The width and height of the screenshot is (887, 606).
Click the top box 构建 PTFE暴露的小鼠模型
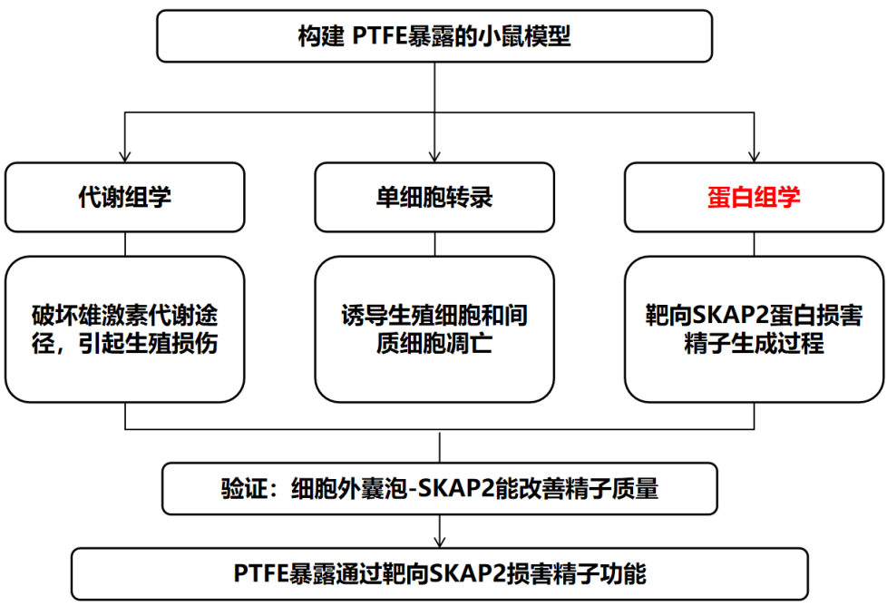[434, 36]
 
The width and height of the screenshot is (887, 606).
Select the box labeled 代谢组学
[125, 198]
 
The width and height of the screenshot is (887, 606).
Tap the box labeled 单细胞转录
[434, 198]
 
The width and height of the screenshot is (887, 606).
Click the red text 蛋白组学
[754, 198]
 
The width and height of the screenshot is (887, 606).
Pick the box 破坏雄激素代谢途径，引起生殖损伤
[125, 329]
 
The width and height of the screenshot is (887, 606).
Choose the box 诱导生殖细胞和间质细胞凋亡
[434, 329]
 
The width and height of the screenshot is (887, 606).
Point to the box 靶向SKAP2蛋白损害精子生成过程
[754, 329]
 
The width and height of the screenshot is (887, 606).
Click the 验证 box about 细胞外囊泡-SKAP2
[440, 489]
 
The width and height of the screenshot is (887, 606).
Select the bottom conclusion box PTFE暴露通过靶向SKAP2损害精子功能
[440, 573]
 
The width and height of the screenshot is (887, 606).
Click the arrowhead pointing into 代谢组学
[125, 157]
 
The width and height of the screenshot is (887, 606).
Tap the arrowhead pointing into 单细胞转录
[434, 157]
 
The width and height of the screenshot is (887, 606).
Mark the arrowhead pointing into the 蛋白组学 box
[754, 157]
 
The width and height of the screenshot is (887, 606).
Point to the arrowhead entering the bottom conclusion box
[440, 542]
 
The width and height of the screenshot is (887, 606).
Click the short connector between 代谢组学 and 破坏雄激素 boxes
[125, 244]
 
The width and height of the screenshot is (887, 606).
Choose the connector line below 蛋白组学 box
[754, 244]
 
